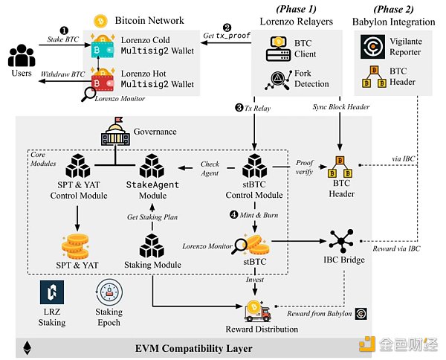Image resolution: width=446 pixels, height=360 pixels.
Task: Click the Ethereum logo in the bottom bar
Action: point(28,347)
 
